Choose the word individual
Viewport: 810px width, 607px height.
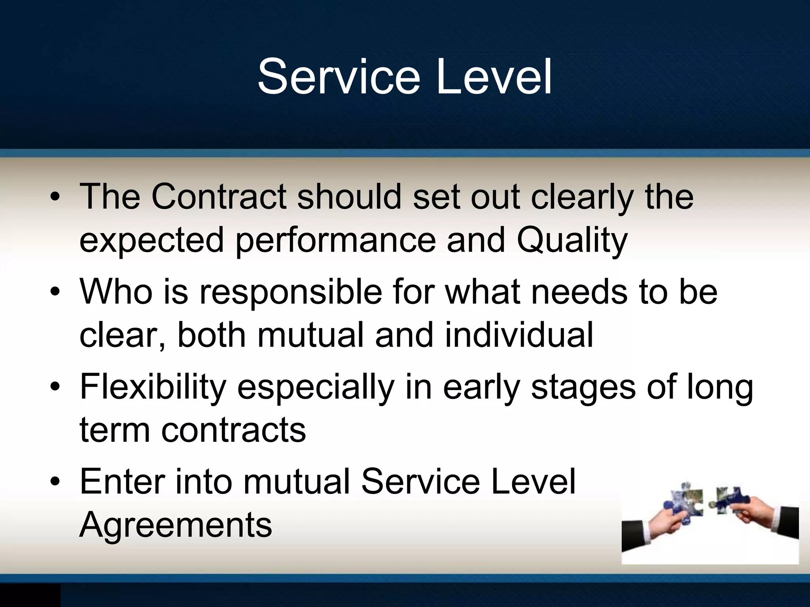tap(519, 335)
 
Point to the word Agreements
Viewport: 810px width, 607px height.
tap(176, 524)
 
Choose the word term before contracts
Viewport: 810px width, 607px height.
tap(115, 430)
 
